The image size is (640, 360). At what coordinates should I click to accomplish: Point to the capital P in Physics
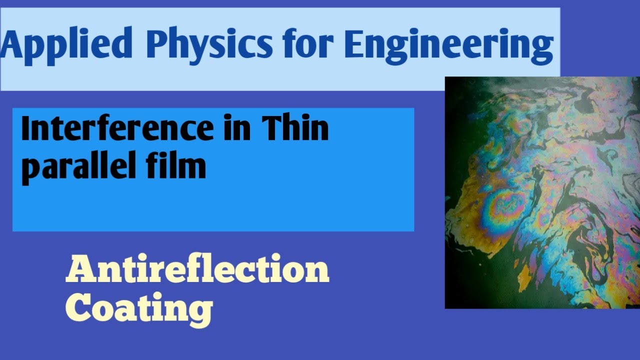(159, 45)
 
